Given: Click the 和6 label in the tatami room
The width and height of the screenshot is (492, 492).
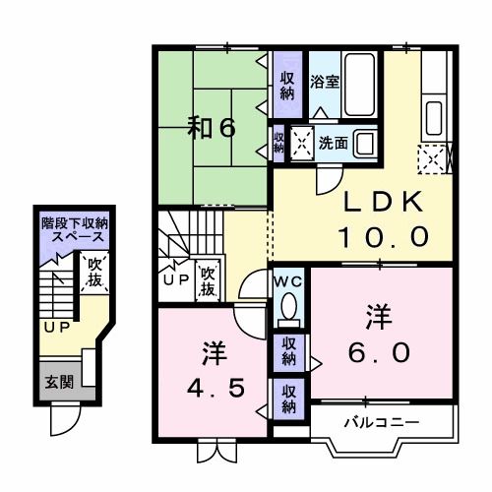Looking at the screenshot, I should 213,128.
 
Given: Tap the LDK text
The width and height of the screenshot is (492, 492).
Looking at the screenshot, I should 383,203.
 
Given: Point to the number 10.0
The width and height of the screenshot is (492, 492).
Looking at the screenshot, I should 383,236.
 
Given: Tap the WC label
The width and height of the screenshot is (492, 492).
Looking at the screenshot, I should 288,280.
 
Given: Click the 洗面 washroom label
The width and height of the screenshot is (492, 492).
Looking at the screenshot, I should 332,142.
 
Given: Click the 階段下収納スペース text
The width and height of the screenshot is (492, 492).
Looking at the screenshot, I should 75,231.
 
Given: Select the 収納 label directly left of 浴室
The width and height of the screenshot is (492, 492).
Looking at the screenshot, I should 286,85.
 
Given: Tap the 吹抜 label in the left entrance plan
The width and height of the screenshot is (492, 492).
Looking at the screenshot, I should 95,272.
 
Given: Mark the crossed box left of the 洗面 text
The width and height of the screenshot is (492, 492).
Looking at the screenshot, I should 300,143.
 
